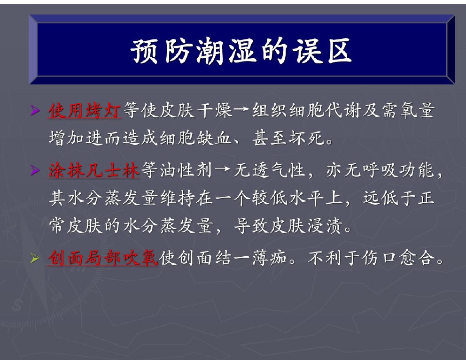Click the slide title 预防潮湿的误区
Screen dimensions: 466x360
[x=241, y=51]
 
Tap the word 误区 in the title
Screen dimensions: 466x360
[x=322, y=51]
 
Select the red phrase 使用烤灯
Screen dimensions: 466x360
[x=85, y=111]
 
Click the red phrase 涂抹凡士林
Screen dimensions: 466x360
[x=94, y=170]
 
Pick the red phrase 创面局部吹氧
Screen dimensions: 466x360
[x=103, y=258]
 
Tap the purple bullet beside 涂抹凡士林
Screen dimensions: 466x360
[x=35, y=171]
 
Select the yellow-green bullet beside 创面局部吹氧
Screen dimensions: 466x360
[x=35, y=258]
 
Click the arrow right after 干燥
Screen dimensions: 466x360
[x=242, y=110]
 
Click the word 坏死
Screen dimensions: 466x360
[x=307, y=138]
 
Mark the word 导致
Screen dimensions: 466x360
[x=251, y=226]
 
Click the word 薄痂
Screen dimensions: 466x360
[x=270, y=258]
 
